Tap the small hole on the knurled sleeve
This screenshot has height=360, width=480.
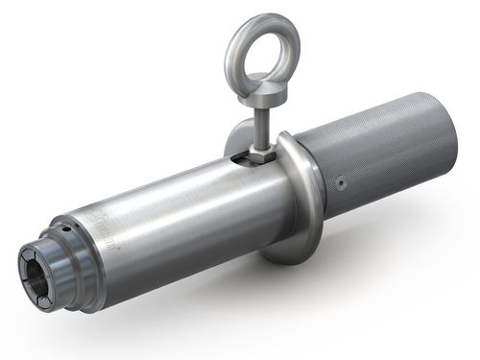point(341,182)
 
